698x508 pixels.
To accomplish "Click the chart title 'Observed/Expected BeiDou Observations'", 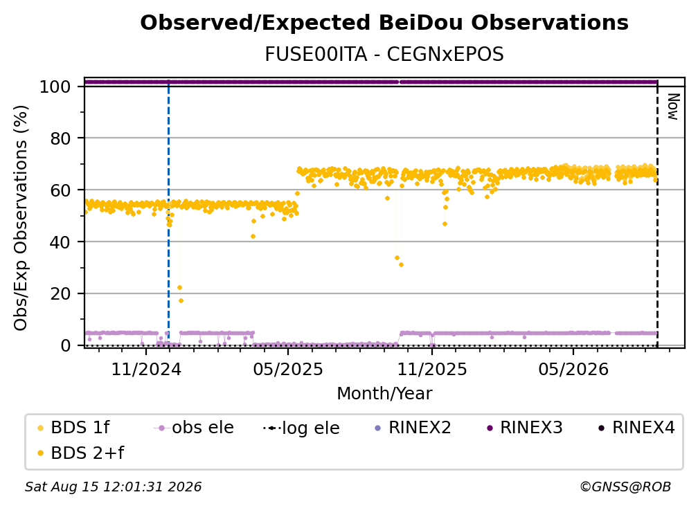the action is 384,23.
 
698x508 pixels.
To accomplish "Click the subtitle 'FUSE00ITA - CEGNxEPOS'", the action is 384,54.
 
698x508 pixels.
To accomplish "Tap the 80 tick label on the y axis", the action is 61,138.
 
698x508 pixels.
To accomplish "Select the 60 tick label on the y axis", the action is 61,190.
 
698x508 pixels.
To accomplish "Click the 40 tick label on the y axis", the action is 61,242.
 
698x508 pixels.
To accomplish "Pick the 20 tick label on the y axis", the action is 61,293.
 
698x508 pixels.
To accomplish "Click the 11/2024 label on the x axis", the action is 146,369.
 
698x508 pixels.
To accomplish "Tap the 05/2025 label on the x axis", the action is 288,369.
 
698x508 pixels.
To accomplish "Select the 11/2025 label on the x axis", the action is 432,369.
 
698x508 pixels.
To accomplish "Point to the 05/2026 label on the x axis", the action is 573,369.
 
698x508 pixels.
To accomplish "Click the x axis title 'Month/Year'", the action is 384,394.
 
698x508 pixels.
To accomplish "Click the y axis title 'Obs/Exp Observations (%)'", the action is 21,218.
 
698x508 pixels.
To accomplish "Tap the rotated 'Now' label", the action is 672,107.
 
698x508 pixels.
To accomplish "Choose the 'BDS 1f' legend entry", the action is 73,428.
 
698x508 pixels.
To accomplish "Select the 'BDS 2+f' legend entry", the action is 80,453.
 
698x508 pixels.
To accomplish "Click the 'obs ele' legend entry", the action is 194,428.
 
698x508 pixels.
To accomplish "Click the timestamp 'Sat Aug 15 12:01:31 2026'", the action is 113,487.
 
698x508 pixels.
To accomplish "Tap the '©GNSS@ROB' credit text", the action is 625,487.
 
